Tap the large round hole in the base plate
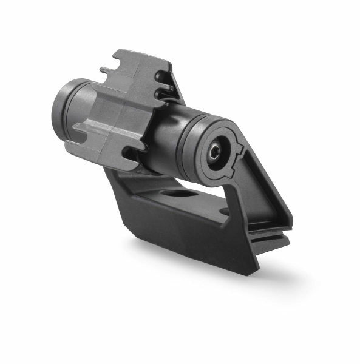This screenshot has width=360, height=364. click(x=178, y=195)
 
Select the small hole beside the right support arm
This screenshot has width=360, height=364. click(x=225, y=212)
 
